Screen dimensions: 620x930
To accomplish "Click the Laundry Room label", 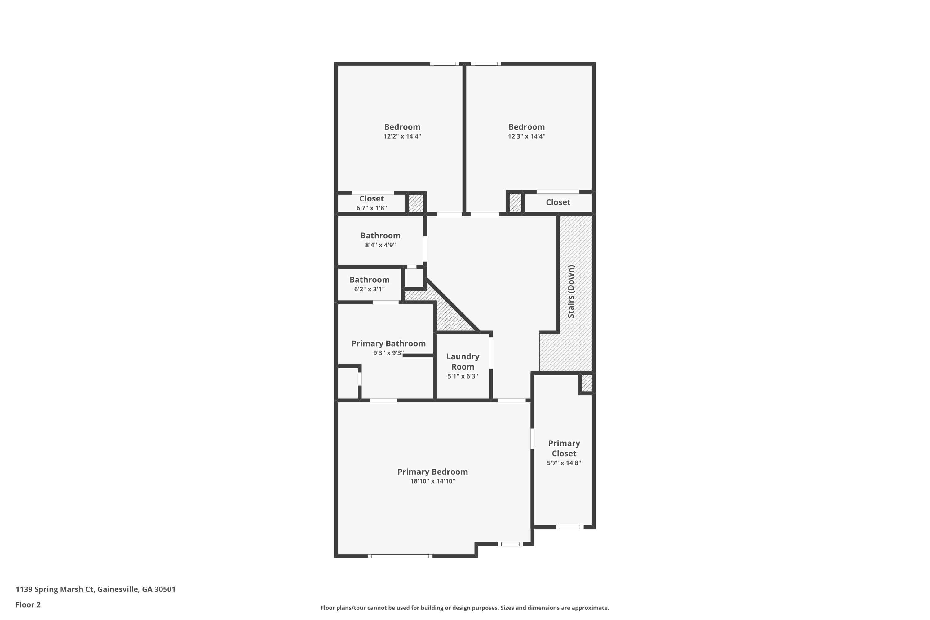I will (463, 361).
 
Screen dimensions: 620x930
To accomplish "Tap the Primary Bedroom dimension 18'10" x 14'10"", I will (432, 481).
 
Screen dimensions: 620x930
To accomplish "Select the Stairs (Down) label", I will (571, 291).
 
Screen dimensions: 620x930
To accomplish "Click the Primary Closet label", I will (564, 448).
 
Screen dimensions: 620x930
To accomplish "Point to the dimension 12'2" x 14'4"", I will (402, 136).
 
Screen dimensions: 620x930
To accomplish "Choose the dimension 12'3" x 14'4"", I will (526, 136).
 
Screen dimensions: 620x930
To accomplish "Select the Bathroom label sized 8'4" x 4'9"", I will (380, 236).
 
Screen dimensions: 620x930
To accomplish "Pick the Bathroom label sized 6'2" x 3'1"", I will (369, 280).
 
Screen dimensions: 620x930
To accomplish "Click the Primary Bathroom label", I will (388, 343).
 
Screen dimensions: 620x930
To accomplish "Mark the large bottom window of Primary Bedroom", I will (400, 556).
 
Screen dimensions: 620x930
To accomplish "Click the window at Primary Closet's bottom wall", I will (569, 527).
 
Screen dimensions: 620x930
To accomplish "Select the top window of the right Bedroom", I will (485, 64).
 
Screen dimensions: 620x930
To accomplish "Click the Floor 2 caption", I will (28, 604).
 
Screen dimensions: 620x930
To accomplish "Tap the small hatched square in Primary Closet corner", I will (587, 383).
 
